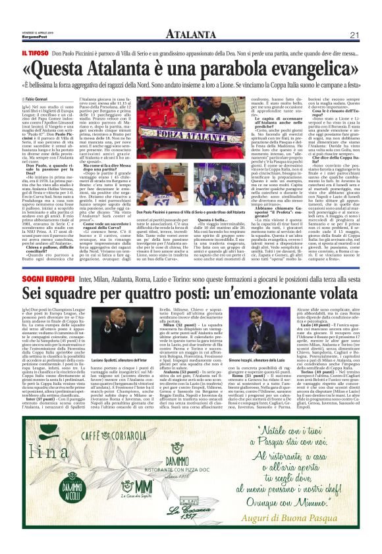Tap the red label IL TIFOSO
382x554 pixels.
34,53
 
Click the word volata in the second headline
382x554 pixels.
336,301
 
